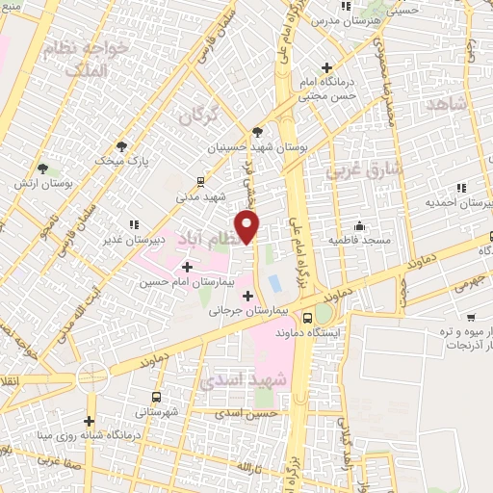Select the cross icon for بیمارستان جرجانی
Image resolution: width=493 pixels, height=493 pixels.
click(x=249, y=295)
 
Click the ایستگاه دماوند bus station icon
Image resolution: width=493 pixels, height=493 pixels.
click(x=307, y=317)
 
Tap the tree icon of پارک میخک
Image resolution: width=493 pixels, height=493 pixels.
click(x=121, y=145)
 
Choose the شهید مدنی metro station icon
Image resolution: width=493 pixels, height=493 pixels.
click(x=200, y=180)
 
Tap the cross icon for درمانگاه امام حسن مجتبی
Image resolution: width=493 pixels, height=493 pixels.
click(x=327, y=68)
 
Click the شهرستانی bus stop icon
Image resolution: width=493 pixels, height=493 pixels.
click(x=156, y=396)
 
